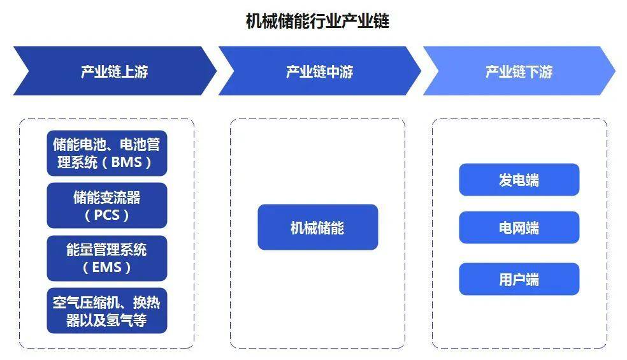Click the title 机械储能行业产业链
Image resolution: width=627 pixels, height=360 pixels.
coord(317,21)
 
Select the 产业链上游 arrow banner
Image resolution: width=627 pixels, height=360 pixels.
coord(115,71)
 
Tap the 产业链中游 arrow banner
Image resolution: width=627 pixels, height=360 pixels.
coord(319,71)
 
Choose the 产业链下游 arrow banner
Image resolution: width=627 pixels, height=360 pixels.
coord(519,71)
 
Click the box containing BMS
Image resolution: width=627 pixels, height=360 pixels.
coord(107,153)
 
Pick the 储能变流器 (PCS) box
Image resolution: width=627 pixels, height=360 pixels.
coord(107,206)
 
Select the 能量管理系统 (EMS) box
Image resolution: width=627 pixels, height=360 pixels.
coord(107,258)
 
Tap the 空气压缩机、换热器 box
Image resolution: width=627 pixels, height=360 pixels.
coord(107,310)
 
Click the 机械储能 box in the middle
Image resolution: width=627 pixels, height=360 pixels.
coord(318,227)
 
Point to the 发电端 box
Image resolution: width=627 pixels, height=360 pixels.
coord(519,180)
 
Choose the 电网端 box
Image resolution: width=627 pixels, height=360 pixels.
coord(519,227)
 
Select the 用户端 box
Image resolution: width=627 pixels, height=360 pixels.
coord(519,279)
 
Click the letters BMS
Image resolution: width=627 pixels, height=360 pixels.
coord(126,162)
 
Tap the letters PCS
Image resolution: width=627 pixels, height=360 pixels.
coord(107,215)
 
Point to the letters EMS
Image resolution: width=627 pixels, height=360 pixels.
coord(107,267)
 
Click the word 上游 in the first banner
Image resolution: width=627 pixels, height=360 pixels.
coord(134,71)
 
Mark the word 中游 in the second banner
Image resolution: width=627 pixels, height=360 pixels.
coord(340,71)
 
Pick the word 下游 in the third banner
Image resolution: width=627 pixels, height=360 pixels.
coord(539,71)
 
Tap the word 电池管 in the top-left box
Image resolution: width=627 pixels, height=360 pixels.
coord(140,144)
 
